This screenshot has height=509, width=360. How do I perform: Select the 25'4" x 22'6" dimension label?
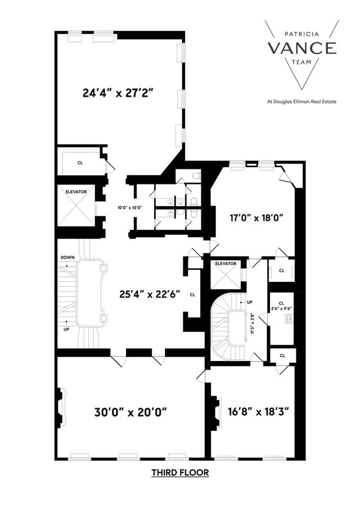(149, 294)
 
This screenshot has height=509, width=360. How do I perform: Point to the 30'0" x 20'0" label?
(130, 411)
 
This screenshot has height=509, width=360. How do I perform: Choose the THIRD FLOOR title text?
(179, 472)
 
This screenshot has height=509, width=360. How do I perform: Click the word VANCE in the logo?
(302, 48)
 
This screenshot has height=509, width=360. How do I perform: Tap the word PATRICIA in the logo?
(302, 34)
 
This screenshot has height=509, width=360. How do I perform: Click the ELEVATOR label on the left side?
(76, 192)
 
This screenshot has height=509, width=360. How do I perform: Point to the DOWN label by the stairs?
(67, 257)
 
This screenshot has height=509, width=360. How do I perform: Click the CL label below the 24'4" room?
(80, 163)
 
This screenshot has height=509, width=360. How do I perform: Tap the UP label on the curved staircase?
(249, 303)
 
